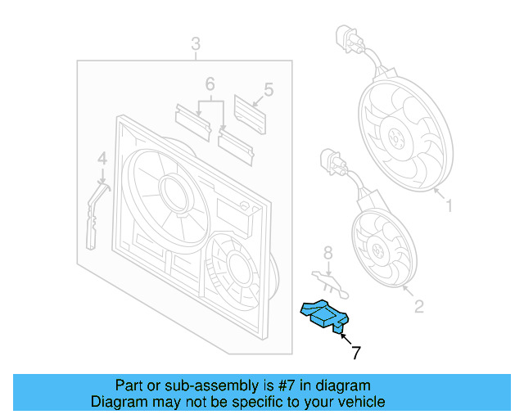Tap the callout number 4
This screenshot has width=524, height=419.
click(x=102, y=159)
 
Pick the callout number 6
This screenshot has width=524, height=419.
click(x=210, y=84)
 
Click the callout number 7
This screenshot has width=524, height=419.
click(x=355, y=354)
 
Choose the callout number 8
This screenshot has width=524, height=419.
click(x=327, y=253)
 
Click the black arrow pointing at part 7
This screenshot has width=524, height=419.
click(x=344, y=337)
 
